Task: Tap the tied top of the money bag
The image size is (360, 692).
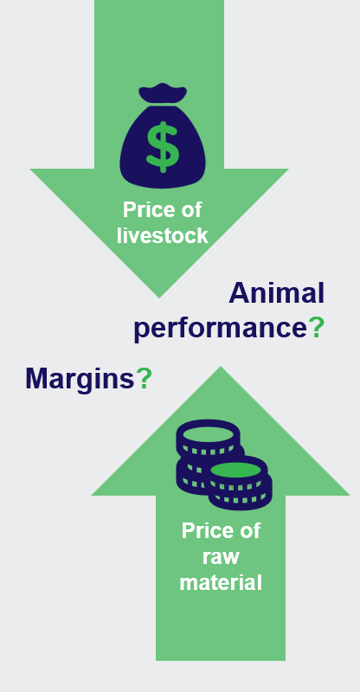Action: (x=163, y=93)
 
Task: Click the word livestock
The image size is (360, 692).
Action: (x=163, y=235)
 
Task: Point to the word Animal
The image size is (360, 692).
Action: (x=277, y=292)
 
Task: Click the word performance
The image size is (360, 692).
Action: (x=220, y=329)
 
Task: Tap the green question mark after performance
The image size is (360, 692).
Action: (x=316, y=327)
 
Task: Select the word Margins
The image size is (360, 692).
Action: (x=80, y=379)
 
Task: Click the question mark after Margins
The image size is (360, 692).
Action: (x=144, y=378)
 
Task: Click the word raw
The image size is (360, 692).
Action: (x=221, y=557)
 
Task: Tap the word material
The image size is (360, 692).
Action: (x=221, y=582)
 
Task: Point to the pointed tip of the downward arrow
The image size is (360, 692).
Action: (x=159, y=298)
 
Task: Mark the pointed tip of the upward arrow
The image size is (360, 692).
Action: (x=221, y=367)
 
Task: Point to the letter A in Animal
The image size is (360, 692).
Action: (x=239, y=293)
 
